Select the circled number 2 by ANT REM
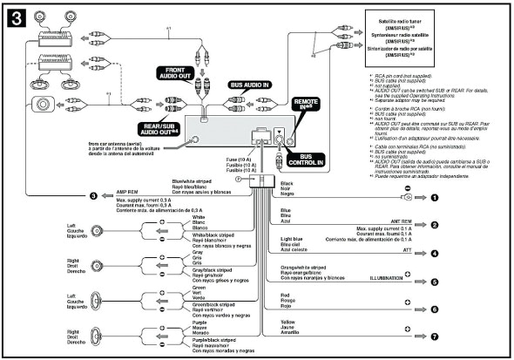point(433,224)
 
